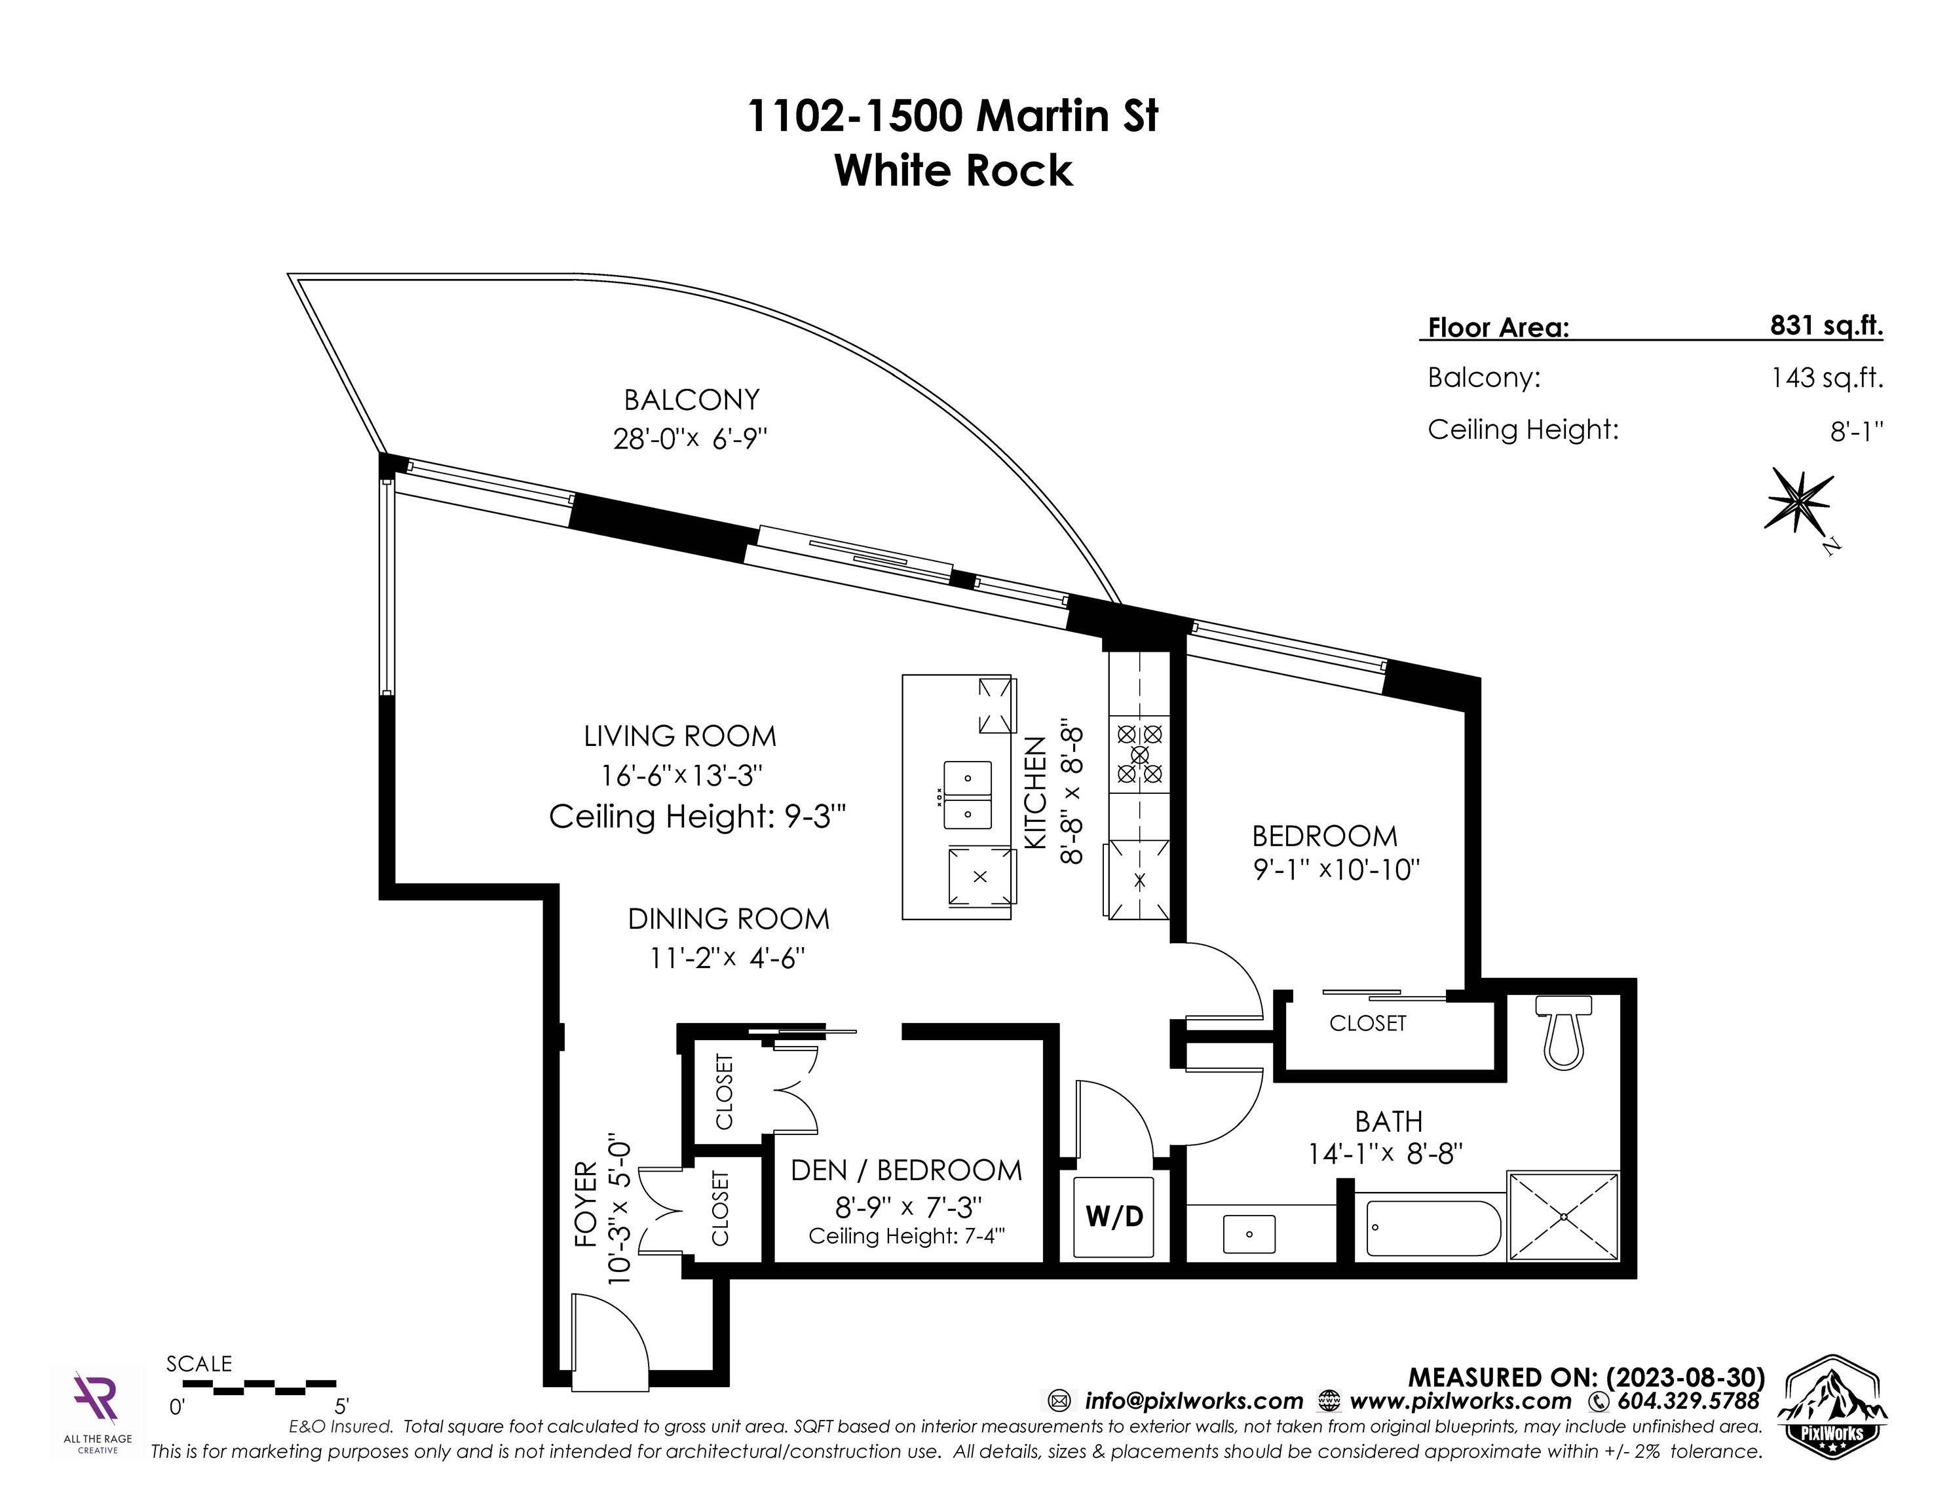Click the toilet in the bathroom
coord(1563,1034)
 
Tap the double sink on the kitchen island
coord(968,794)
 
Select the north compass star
coord(1798,502)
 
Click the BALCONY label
coord(691,400)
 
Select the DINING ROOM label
coord(728,919)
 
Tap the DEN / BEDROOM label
coord(906,1170)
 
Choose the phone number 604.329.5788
coord(1686,1401)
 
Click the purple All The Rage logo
coord(96,1399)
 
